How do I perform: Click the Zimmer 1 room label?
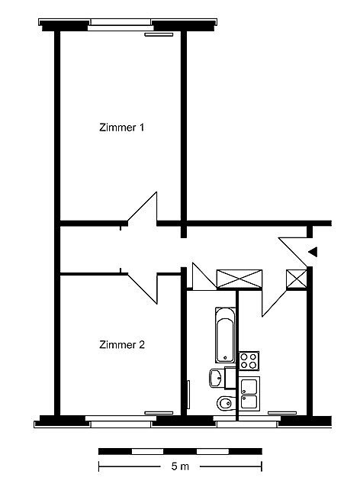[122, 127]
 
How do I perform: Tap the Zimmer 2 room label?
[122, 344]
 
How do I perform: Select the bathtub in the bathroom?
[225, 335]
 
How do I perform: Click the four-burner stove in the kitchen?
[249, 360]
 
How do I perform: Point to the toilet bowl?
[226, 404]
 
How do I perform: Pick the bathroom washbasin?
[217, 378]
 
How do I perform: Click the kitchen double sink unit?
[249, 394]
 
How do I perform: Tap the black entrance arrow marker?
[313, 252]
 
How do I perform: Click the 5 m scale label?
[180, 466]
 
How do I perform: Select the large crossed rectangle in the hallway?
[239, 279]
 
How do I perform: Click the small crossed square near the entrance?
[297, 279]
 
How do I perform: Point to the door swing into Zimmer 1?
[143, 207]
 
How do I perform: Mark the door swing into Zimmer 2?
[143, 289]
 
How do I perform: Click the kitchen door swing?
[274, 303]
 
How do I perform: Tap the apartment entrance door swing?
[293, 252]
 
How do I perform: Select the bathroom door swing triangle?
[204, 276]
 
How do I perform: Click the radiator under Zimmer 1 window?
[159, 35]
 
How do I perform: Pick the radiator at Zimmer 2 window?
[159, 413]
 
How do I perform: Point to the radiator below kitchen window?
[282, 413]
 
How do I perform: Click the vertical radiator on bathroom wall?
[188, 394]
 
